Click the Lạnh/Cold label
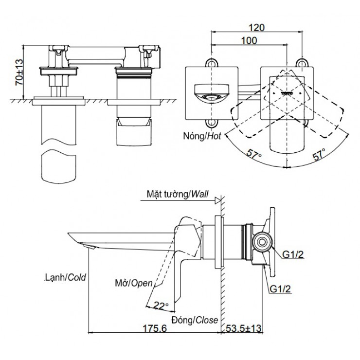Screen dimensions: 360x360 coord(64,278)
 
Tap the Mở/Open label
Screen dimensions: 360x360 coord(132,283)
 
